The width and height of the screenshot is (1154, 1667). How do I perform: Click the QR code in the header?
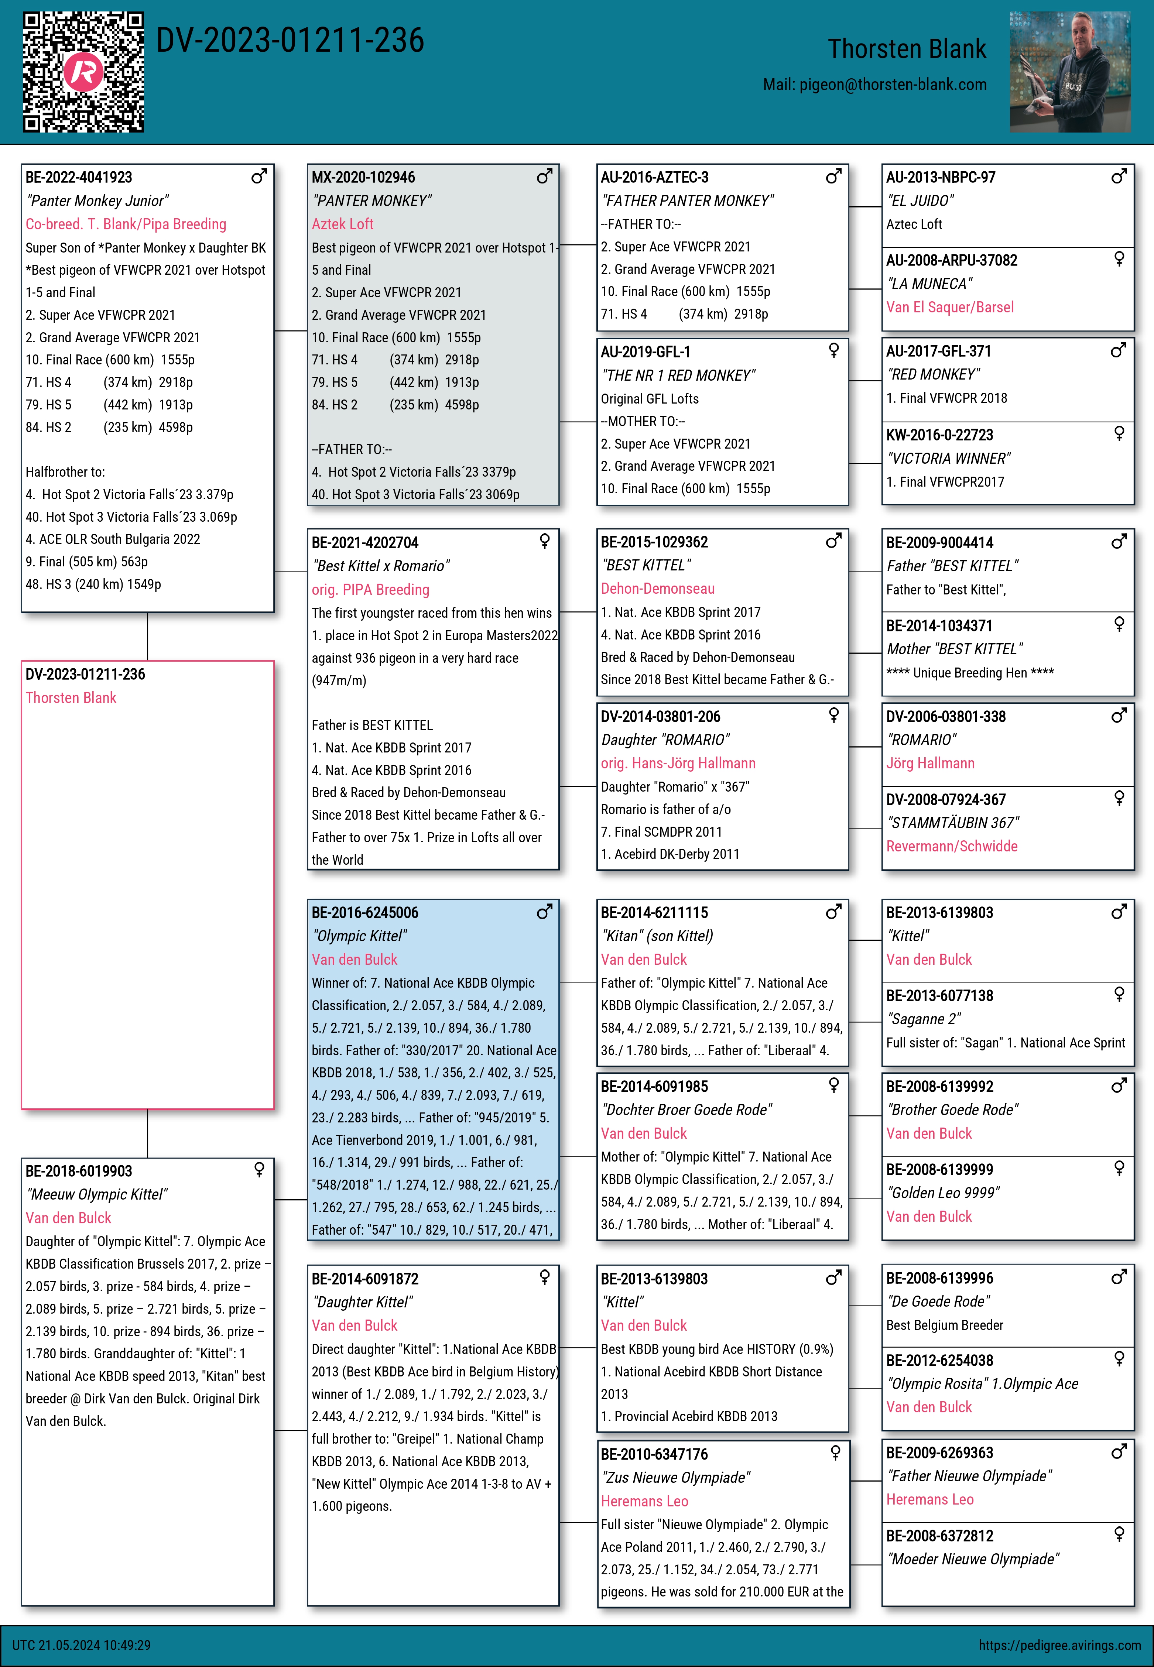click(x=83, y=72)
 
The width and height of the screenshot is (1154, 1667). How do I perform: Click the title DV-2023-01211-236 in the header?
click(x=290, y=41)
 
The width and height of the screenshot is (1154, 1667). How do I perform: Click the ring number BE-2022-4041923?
click(x=79, y=177)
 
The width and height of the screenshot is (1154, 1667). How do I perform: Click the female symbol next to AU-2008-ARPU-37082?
click(x=1119, y=259)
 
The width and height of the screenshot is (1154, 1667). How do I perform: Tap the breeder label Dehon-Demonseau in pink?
click(x=657, y=589)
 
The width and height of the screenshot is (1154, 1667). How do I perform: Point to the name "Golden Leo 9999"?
click(x=943, y=1193)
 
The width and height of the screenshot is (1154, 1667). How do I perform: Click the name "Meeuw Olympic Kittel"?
click(x=96, y=1194)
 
